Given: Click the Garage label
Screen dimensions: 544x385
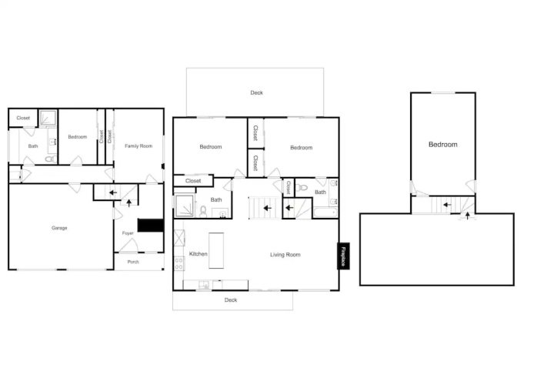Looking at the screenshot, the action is coord(59,228).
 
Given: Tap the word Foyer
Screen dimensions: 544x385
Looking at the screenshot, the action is coord(128,233).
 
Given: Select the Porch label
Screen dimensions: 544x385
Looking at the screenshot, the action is coord(133,262).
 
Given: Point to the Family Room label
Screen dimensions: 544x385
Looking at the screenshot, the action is coord(139,146).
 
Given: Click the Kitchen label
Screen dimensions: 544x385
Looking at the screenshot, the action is coord(198,254).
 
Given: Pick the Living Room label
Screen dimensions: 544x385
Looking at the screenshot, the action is coord(285,255).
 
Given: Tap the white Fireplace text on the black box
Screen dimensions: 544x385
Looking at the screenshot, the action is coord(343,256).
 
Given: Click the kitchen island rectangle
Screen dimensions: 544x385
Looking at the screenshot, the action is coord(216,251).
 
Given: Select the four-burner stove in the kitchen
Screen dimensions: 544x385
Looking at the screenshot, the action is coord(179,263).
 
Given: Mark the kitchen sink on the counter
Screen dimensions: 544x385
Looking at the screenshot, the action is coord(204,285).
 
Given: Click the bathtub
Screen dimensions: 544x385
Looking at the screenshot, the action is coord(325,212).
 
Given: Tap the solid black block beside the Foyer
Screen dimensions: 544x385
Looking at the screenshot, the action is coord(151,226).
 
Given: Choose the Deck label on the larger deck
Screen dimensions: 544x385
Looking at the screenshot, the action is coord(257,92).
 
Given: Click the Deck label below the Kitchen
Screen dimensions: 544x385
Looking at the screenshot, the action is coord(231,300).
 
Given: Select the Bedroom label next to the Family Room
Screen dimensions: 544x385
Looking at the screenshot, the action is coord(78,137).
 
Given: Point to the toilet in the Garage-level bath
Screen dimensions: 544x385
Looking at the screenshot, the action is coord(51,159).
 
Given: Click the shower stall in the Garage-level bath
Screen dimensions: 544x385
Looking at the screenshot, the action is coord(48,118).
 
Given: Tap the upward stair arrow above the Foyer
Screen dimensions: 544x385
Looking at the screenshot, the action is coord(129,203).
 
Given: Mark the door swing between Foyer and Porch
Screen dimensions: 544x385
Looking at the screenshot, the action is coord(129,246).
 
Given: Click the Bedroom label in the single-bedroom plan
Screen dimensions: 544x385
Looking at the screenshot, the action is coord(443,145).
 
